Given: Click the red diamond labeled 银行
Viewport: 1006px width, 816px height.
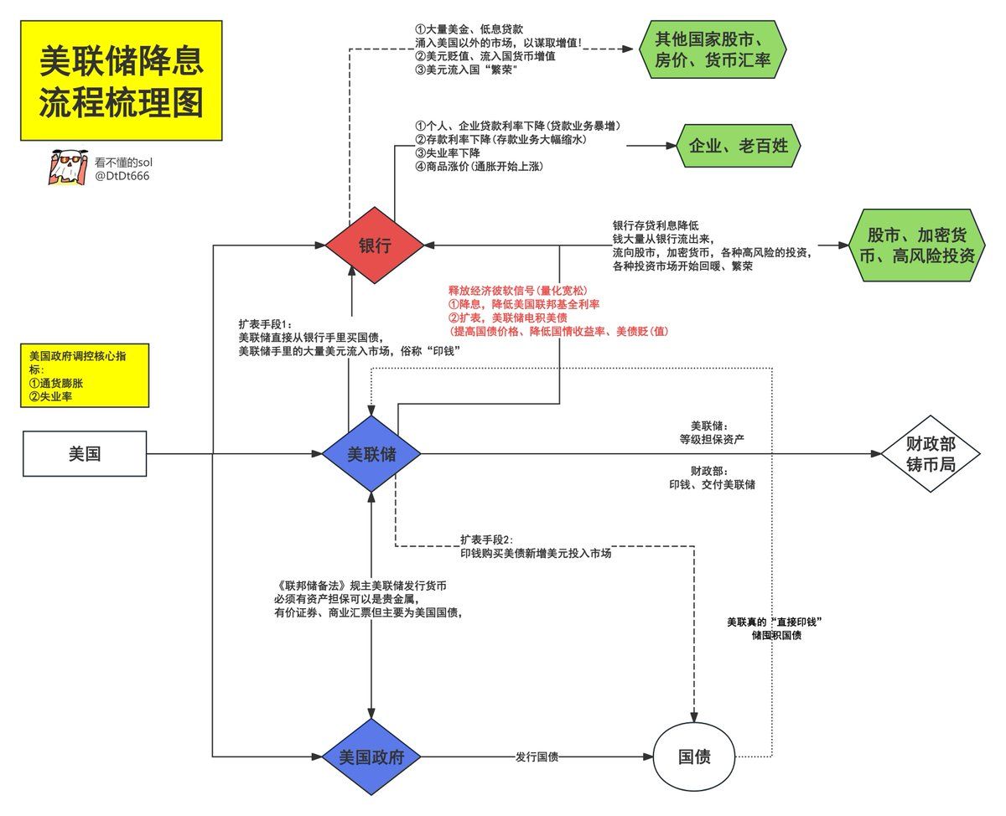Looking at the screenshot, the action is (x=375, y=245).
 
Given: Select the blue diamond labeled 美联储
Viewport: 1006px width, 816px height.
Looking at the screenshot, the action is (x=371, y=453).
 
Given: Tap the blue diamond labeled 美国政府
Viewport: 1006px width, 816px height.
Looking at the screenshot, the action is (x=371, y=757).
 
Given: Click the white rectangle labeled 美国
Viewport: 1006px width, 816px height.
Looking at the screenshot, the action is (x=85, y=453).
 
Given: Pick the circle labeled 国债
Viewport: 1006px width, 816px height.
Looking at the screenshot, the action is (x=694, y=757).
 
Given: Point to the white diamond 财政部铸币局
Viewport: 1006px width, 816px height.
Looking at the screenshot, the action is (x=931, y=453).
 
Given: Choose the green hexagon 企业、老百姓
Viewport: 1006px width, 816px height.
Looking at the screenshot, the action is (x=739, y=146).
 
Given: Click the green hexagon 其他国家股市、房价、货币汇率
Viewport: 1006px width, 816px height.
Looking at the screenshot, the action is (x=713, y=49).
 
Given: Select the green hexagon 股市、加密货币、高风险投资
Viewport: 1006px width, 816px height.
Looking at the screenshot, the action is (x=917, y=245).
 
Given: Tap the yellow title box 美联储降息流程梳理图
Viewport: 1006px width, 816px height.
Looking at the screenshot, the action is (x=122, y=80).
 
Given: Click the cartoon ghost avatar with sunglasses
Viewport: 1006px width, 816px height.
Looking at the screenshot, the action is (x=68, y=167).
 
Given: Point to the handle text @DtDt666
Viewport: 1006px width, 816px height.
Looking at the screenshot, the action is (x=122, y=176).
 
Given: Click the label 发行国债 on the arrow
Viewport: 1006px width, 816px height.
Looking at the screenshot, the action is (x=537, y=757).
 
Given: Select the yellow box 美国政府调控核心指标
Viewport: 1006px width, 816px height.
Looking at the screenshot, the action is (x=85, y=375).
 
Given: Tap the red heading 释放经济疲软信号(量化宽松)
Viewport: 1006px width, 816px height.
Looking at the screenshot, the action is (x=517, y=291).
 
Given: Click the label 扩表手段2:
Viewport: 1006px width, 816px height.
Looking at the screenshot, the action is (x=486, y=540).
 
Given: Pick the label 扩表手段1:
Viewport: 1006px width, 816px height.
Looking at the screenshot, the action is (x=266, y=324).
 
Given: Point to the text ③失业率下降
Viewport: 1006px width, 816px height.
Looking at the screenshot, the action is (x=448, y=153).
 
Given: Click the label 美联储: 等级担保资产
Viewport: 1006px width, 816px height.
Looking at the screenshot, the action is (x=712, y=433).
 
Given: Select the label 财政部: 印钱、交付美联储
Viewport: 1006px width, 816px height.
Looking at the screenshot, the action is (x=712, y=478).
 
